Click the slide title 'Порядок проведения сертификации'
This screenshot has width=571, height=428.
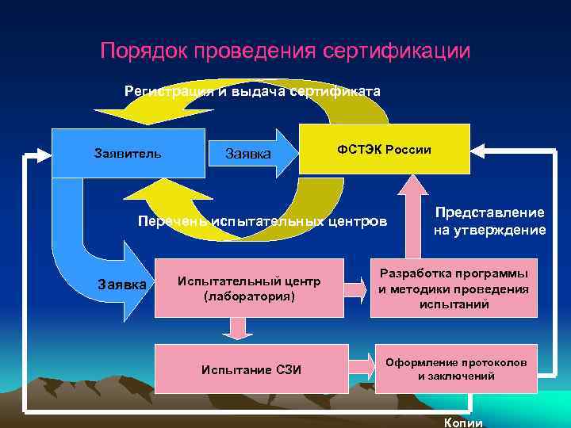tap(285, 51)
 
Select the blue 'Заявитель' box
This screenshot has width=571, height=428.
tap(128, 151)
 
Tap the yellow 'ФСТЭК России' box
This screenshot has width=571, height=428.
tap(384, 149)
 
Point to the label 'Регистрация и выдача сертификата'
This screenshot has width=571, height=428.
tap(252, 91)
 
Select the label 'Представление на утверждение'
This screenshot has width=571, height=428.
tap(489, 222)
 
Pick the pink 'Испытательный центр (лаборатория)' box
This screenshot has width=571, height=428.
tap(249, 289)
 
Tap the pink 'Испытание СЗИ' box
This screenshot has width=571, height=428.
tap(251, 369)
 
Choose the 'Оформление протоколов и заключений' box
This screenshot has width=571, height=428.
tap(456, 369)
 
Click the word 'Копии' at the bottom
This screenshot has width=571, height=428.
tap(463, 422)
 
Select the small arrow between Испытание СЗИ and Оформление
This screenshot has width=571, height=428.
tap(361, 367)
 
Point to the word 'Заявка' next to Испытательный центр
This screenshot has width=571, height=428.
tap(121, 283)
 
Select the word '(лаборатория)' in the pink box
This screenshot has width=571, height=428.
tap(249, 296)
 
